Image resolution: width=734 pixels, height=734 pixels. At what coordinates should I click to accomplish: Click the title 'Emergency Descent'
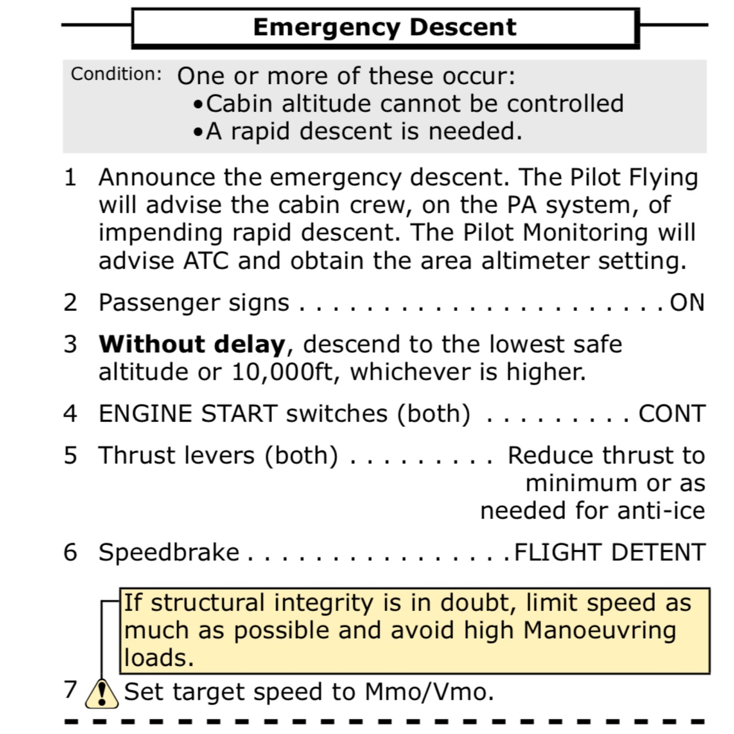point(385,27)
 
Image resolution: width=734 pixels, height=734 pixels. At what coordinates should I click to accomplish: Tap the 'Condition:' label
point(116,74)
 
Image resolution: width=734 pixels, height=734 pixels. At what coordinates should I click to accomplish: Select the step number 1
point(70,178)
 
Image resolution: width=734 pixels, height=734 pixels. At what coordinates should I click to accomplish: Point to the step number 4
point(70,414)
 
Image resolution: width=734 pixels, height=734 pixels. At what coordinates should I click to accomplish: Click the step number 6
point(70,552)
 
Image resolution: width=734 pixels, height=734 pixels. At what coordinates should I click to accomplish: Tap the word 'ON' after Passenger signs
point(687,303)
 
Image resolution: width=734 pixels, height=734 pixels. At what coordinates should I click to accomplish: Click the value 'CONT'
point(672,414)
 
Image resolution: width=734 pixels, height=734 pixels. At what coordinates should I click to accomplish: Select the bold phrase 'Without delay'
point(192,344)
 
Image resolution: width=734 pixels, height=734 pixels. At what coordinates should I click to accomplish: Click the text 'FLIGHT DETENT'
point(609,552)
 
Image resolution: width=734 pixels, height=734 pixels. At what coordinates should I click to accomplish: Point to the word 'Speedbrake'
point(169,552)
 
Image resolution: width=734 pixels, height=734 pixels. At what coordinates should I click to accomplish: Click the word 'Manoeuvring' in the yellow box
point(599,631)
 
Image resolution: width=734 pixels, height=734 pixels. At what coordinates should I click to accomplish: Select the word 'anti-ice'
point(661,511)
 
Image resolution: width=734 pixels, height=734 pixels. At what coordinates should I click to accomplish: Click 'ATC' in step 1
point(205,261)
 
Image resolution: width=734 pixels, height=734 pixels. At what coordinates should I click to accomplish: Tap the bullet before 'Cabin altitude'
point(199,105)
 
